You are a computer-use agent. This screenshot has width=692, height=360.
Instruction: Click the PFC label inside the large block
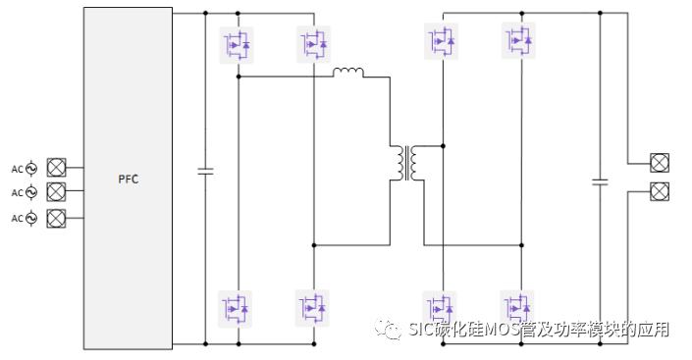[129, 179]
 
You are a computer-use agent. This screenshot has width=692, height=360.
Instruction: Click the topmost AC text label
[17, 168]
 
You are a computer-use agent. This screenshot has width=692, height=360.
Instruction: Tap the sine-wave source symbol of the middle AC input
[31, 191]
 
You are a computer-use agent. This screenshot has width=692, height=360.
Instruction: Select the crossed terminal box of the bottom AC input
[57, 216]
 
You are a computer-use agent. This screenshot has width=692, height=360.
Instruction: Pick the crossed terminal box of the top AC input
[57, 168]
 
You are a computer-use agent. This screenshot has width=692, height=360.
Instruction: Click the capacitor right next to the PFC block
[205, 171]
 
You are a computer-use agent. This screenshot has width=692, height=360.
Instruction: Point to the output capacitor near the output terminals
[601, 181]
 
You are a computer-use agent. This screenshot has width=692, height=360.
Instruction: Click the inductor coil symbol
[348, 73]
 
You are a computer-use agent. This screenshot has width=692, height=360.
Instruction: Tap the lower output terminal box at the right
[660, 190]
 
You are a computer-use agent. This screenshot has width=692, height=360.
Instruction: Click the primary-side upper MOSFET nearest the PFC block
[237, 44]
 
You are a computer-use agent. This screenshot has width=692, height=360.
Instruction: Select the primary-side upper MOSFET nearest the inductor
[313, 44]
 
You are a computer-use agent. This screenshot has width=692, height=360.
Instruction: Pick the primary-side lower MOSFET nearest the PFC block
[237, 307]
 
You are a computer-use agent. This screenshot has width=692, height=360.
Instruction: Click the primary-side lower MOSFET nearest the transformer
[313, 307]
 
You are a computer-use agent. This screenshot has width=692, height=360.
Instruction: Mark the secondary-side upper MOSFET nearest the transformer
[442, 40]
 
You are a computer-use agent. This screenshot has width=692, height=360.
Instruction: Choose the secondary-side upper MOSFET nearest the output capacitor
[520, 40]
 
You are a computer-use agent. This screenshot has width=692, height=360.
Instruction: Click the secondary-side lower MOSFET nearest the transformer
[442, 307]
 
